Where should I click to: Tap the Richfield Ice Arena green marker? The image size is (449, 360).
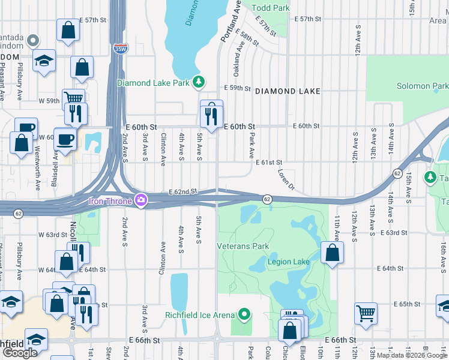tap(244, 314)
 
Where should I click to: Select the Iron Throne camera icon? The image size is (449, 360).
tap(141, 199)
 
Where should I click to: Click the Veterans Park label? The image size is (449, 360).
tap(243, 246)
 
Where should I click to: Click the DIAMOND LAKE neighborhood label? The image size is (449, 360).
tap(288, 91)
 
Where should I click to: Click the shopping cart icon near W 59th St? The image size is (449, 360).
tap(73, 98)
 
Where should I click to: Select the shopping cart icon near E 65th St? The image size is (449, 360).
tap(366, 312)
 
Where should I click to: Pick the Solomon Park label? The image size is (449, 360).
tap(422, 86)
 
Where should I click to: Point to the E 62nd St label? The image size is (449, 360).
tap(183, 191)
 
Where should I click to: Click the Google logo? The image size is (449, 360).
tap(20, 353)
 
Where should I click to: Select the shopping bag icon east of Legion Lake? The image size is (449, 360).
tap(332, 253)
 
